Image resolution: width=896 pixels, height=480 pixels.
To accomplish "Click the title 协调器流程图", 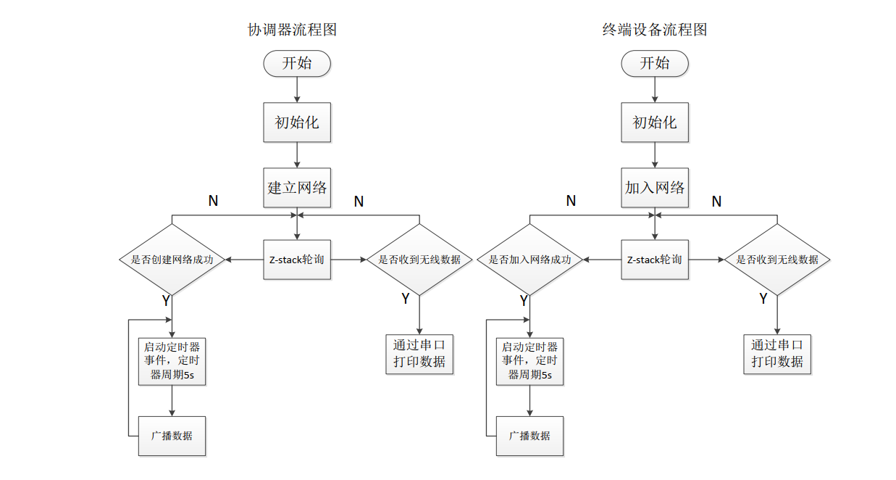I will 292,30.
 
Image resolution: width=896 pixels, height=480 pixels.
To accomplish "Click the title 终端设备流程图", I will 654,30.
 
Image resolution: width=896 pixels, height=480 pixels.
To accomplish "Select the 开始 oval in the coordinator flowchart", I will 297,63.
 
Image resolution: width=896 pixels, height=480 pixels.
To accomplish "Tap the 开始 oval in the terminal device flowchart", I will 655,63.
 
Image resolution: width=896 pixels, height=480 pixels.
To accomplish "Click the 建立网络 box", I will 297,188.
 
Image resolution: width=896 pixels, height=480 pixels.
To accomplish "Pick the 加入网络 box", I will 655,188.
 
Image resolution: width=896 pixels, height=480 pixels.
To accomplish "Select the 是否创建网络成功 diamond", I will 172,259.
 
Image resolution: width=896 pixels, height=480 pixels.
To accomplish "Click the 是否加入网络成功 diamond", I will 529,259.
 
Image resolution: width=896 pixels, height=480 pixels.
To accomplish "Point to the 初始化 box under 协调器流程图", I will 297,123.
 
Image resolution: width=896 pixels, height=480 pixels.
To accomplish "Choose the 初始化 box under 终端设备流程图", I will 655,123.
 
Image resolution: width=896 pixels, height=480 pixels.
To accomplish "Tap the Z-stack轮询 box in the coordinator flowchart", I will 297,259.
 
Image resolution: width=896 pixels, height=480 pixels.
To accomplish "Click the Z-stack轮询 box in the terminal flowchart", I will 655,259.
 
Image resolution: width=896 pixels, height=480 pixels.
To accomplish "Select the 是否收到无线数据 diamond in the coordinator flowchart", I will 419,259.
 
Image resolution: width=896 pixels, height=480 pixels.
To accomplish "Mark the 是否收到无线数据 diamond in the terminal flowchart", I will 777,259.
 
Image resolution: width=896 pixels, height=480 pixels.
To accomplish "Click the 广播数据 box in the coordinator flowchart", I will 172,436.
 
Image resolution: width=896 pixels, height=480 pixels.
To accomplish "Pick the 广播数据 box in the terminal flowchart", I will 529,436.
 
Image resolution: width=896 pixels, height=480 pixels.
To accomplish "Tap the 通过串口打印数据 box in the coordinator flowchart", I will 419,353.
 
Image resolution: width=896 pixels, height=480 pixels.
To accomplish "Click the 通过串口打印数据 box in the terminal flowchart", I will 777,353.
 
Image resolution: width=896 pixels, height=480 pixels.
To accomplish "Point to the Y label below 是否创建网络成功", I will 166,300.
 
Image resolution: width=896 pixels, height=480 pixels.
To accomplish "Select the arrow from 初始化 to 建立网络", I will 297,155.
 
